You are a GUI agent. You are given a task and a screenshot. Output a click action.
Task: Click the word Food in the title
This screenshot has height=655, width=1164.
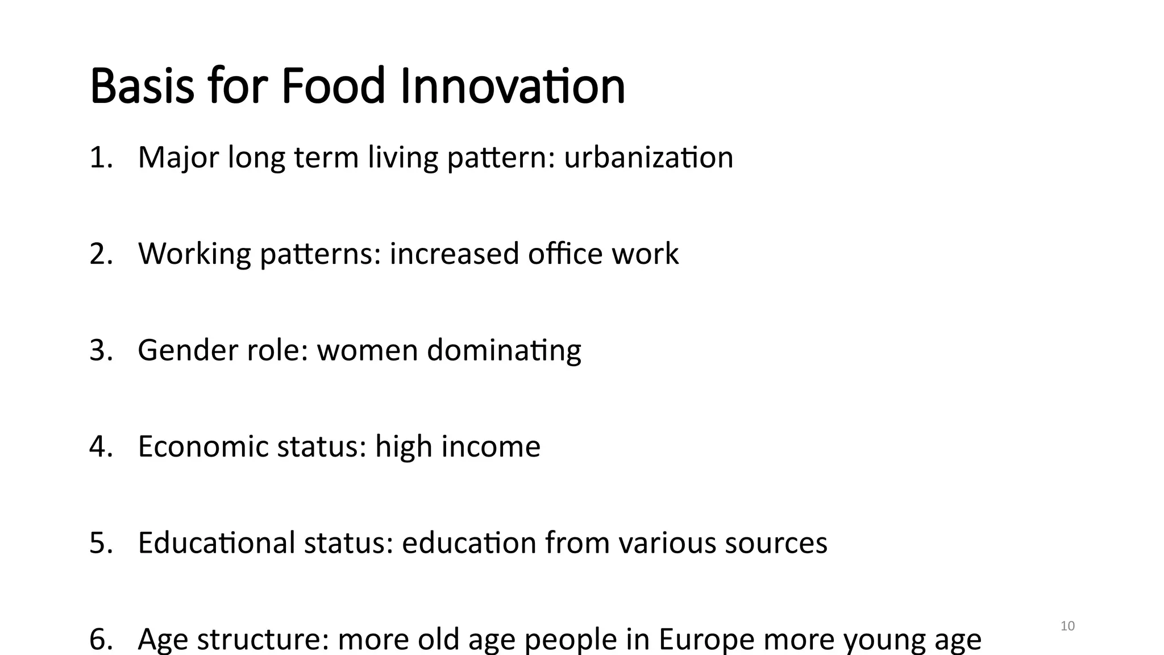[334, 86]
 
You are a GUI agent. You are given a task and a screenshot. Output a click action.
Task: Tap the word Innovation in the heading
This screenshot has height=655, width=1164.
[513, 86]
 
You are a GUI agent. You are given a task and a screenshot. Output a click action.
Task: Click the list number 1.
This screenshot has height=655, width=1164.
[101, 157]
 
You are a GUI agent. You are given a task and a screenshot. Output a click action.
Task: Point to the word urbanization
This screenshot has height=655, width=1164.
[648, 157]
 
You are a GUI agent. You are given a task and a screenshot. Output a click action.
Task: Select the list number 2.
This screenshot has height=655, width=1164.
[101, 254]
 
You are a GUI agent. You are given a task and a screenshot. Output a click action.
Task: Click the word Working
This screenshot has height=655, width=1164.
[194, 254]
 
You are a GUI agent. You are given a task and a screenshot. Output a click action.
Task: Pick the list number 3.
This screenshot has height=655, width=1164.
[101, 350]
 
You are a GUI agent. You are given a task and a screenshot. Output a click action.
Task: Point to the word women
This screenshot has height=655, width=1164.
[367, 350]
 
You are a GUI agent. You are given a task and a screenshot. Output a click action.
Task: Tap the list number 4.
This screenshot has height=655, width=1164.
[101, 446]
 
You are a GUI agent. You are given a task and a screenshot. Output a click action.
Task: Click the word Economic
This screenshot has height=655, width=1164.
[203, 446]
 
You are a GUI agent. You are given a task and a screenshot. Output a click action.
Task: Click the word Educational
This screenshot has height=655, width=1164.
[217, 543]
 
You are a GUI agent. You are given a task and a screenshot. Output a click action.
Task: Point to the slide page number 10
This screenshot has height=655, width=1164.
[1067, 626]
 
